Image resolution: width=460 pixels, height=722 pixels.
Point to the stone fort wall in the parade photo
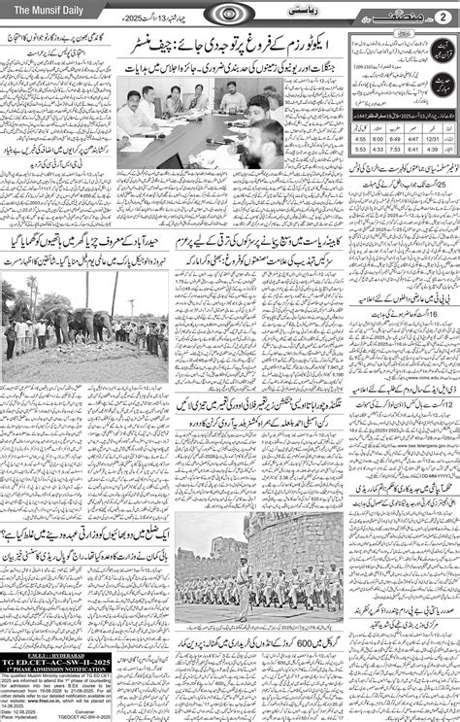pyautogui.click(x=291, y=544)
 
